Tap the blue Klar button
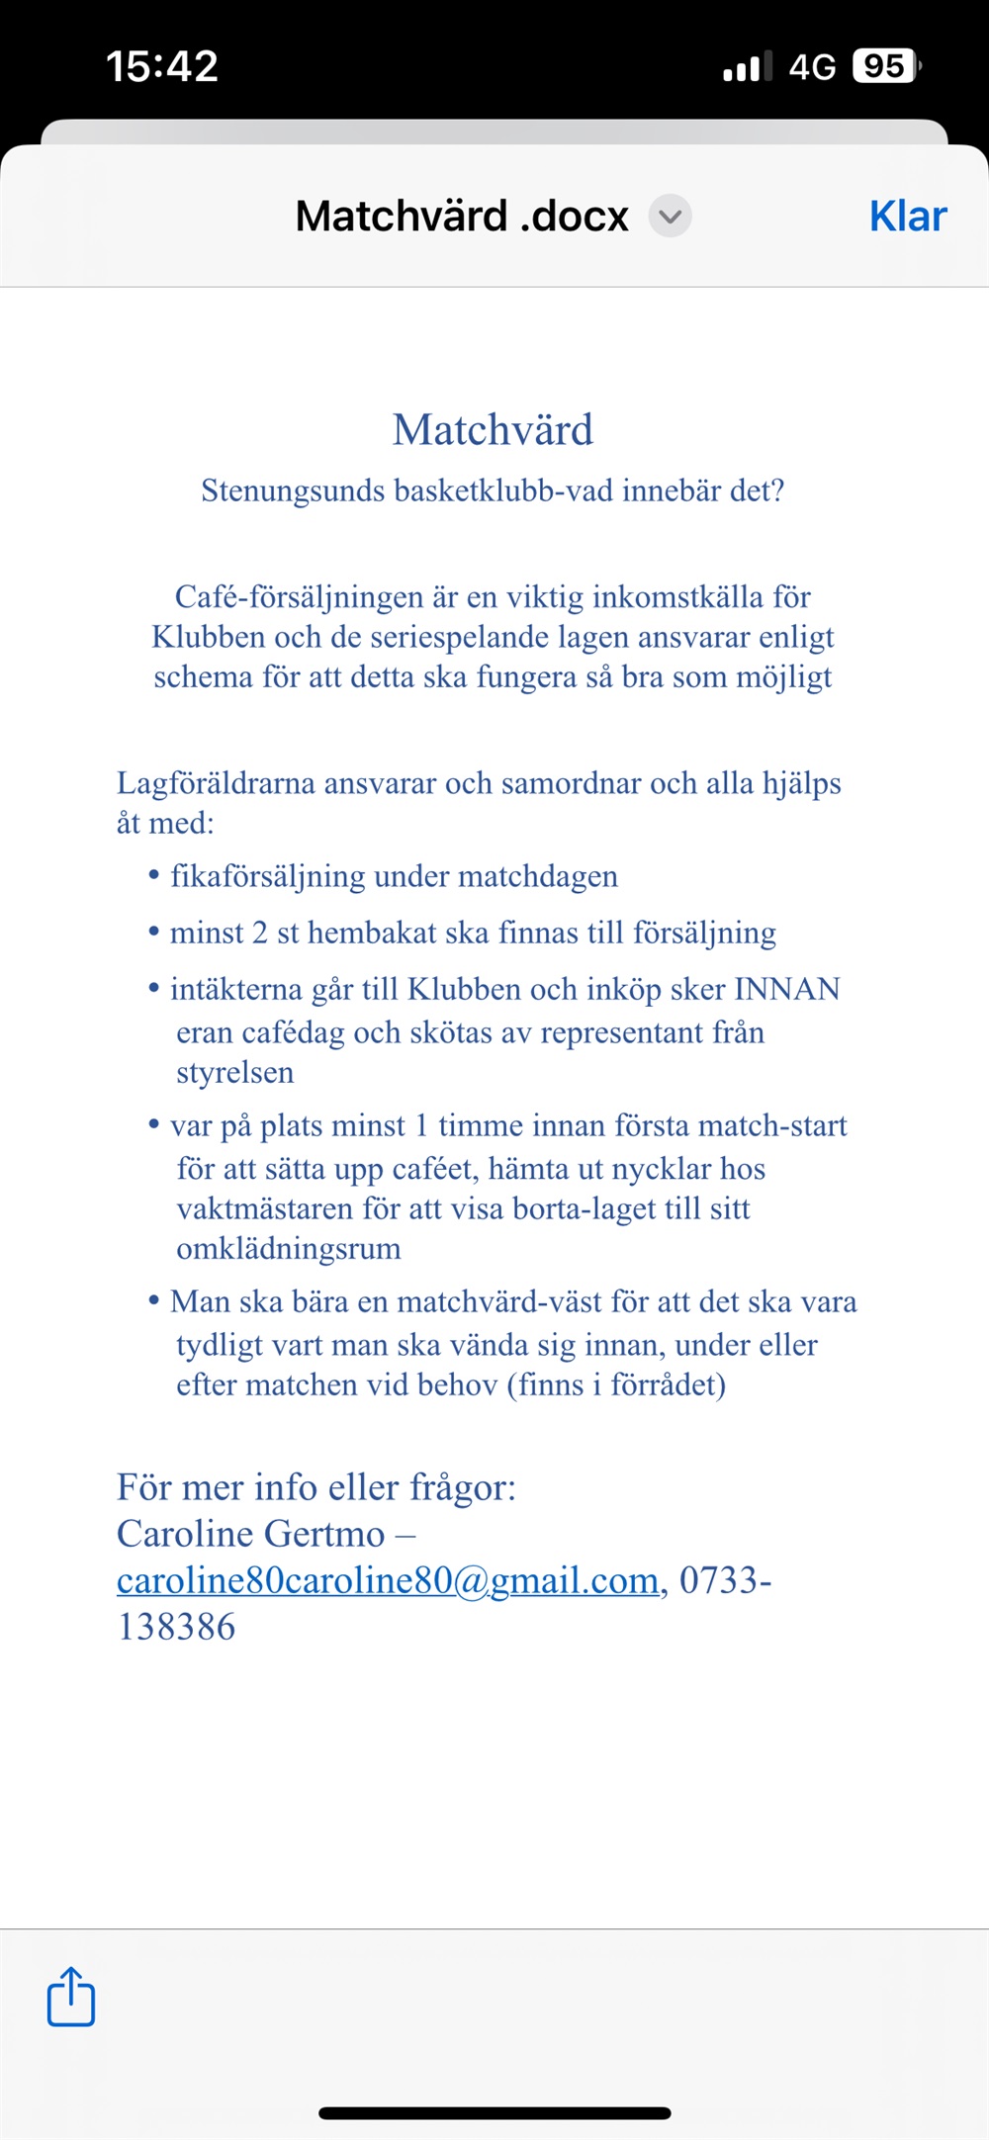[907, 217]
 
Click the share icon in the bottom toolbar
[71, 1997]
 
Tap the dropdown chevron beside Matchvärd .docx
[670, 217]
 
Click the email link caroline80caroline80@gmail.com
[388, 1580]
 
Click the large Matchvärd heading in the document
[493, 430]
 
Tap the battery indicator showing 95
[884, 66]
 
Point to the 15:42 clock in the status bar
[162, 66]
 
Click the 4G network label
[812, 66]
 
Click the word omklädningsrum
[288, 1249]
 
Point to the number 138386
[176, 1627]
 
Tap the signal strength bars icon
[747, 67]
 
